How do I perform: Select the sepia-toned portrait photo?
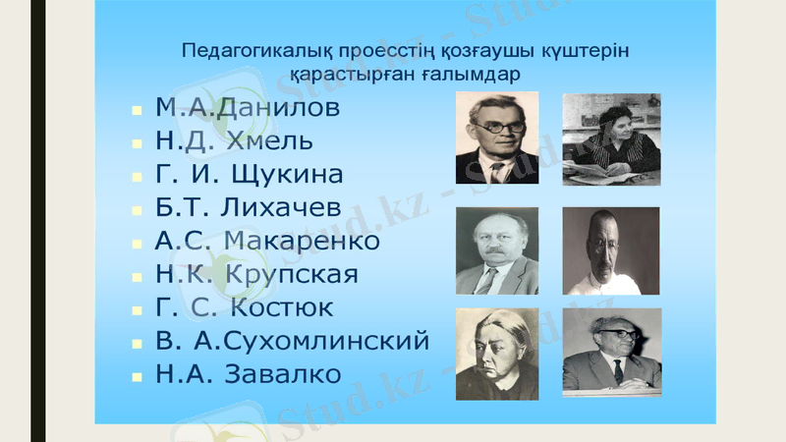[x=611, y=251]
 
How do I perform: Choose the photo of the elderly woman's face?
[x=497, y=355]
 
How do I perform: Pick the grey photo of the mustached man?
[x=497, y=251]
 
